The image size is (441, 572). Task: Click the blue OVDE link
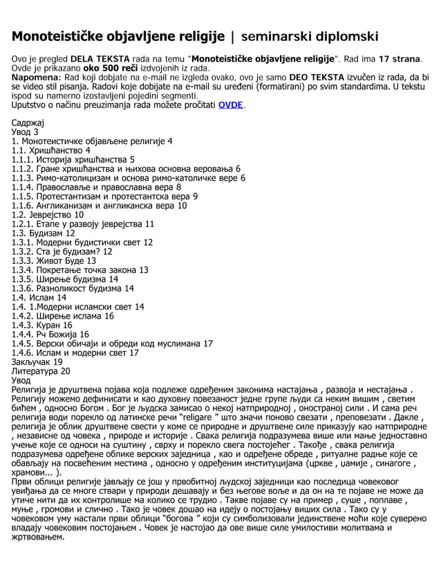[231, 105]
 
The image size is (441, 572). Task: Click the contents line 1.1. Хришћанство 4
[51, 150]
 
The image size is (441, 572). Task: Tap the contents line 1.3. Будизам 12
[44, 233]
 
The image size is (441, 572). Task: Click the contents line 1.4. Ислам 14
[39, 298]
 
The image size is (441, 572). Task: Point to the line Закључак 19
[37, 362]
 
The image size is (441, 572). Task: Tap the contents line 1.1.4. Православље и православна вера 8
[97, 187]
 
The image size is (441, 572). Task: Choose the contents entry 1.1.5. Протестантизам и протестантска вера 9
[104, 196]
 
